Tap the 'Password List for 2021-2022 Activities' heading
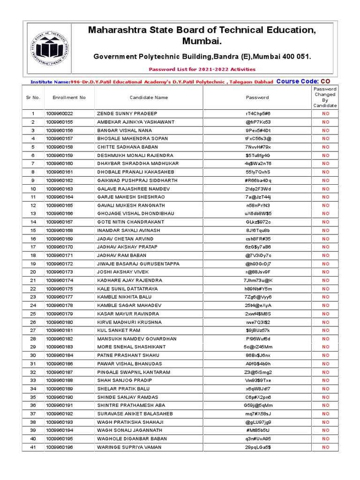(x=202, y=69)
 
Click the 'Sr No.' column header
(x=33, y=97)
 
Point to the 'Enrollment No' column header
(x=69, y=97)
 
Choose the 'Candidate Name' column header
(x=148, y=97)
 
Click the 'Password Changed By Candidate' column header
(x=325, y=97)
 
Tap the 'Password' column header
(x=257, y=97)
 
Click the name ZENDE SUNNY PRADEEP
(x=127, y=113)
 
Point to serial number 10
(x=33, y=189)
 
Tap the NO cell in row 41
(x=325, y=447)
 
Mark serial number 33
(x=33, y=381)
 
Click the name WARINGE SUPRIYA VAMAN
(x=129, y=447)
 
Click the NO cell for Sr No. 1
(x=325, y=113)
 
